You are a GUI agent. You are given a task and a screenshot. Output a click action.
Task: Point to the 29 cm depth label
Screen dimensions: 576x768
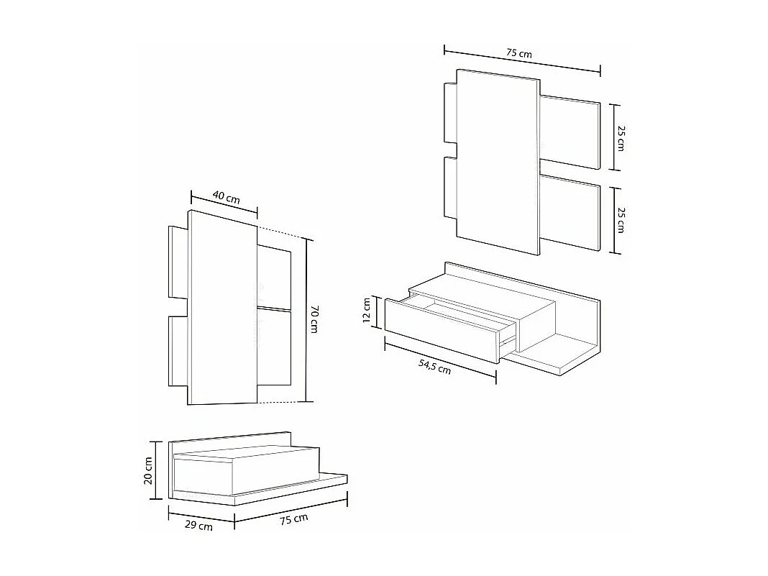pyautogui.click(x=198, y=526)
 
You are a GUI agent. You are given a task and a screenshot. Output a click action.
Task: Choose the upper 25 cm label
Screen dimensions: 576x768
pyautogui.click(x=621, y=137)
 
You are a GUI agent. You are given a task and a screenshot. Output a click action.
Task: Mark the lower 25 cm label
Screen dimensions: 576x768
pyautogui.click(x=621, y=219)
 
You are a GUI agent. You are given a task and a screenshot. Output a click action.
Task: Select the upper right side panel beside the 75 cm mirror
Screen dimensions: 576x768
pyautogui.click(x=570, y=132)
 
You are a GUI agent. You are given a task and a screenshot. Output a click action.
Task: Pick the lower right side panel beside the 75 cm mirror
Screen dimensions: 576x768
pyautogui.click(x=570, y=216)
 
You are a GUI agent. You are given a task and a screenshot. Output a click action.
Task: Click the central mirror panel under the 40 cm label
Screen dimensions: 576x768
pyautogui.click(x=222, y=309)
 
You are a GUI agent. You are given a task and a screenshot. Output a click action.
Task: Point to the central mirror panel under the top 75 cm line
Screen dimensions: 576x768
pyautogui.click(x=498, y=162)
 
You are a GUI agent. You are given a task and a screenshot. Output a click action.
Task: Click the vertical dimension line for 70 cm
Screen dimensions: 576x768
pyautogui.click(x=307, y=320)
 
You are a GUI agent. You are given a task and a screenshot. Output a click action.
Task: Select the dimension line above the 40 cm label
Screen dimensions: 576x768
pyautogui.click(x=224, y=203)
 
